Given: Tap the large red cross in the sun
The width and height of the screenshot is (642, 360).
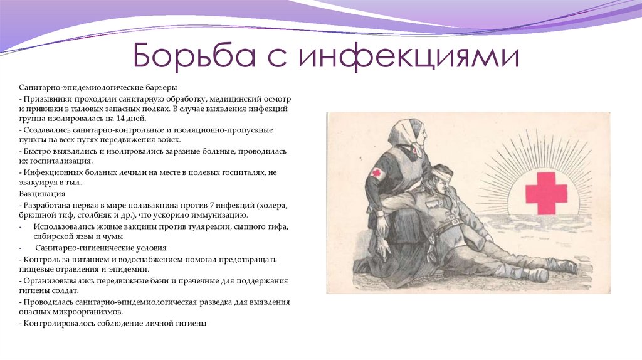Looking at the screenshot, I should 545,193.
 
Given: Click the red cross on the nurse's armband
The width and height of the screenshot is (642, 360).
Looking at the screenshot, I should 377,172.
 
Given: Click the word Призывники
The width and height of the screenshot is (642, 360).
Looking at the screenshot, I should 45,100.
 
